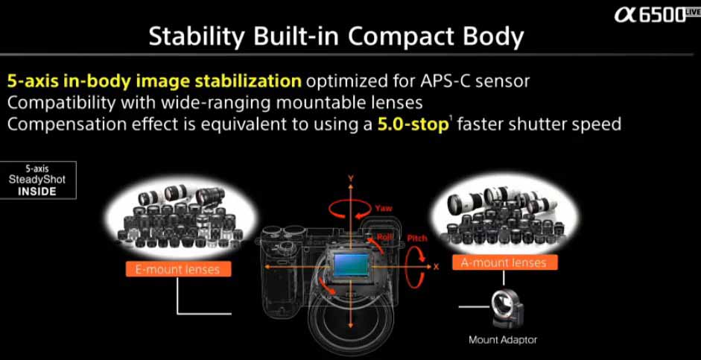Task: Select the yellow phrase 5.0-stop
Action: (413, 124)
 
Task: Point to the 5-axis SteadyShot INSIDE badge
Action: (38, 180)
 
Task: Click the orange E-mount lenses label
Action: (177, 270)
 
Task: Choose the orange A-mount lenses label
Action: (505, 262)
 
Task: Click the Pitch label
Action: (416, 239)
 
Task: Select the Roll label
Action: (385, 238)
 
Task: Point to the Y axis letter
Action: (351, 178)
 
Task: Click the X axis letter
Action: (437, 267)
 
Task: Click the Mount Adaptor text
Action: (503, 340)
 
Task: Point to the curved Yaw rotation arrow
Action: (350, 209)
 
